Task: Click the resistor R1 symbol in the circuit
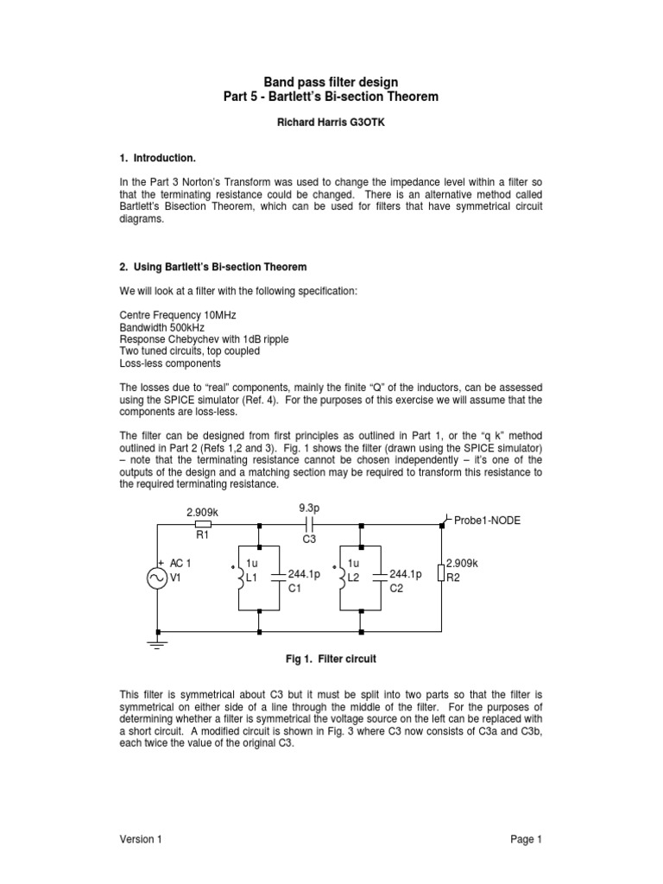coord(203,524)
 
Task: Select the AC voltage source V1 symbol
coord(157,578)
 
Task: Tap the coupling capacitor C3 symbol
coord(310,524)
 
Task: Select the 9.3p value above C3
coord(309,508)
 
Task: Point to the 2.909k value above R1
coord(203,512)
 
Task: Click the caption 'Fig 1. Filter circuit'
coord(331,659)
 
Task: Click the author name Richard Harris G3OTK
coord(331,123)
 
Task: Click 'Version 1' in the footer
coord(140,839)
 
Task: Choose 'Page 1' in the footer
coord(525,839)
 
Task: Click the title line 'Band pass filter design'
coord(331,82)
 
